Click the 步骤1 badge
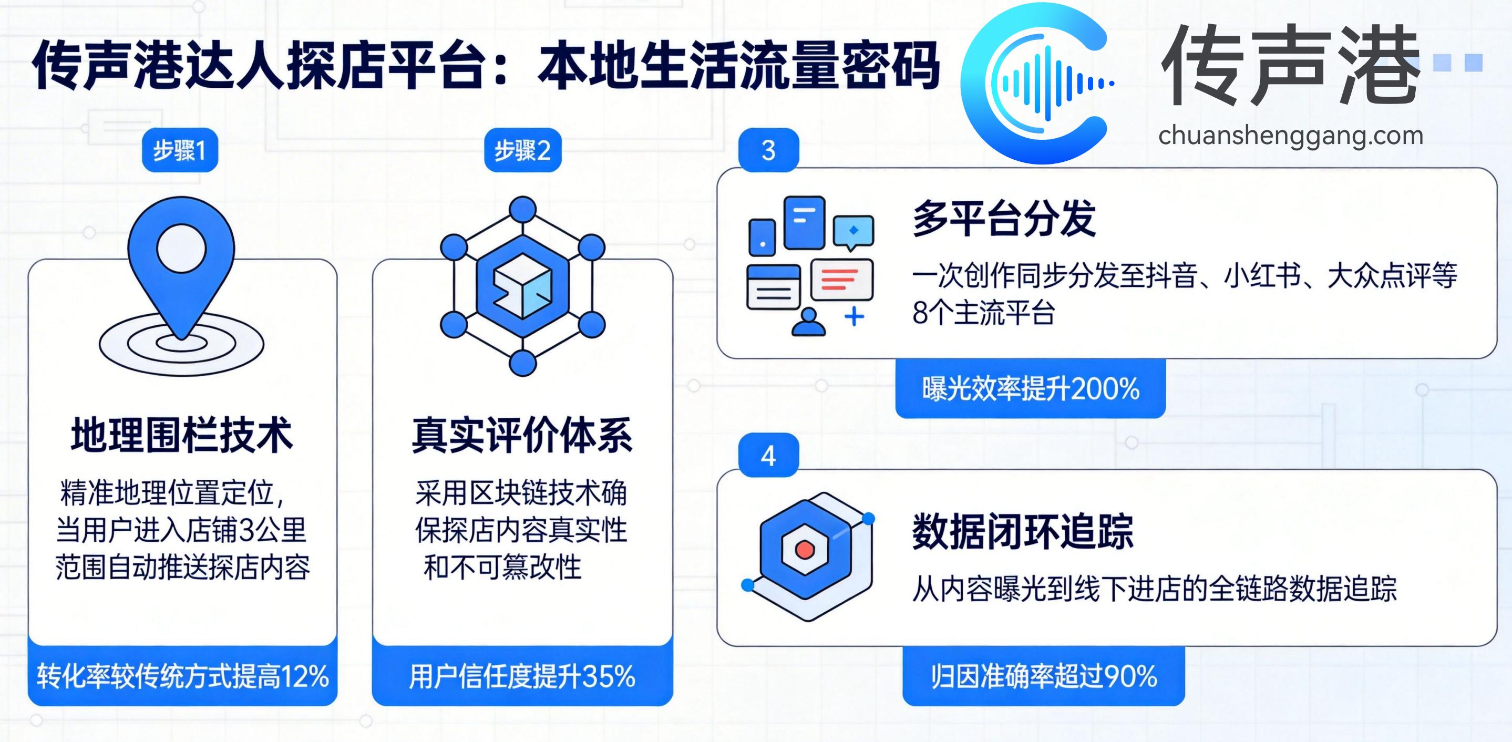[x=180, y=150]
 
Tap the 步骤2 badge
[x=522, y=150]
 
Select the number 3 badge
[x=768, y=150]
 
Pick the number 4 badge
[x=768, y=456]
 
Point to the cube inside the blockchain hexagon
[x=522, y=286]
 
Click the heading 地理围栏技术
[x=181, y=436]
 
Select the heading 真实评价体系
[x=522, y=436]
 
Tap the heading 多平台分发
[x=1004, y=219]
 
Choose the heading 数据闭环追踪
[x=1023, y=532]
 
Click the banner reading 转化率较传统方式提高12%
[x=182, y=676]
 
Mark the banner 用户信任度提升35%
[x=522, y=676]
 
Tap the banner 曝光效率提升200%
[x=1030, y=389]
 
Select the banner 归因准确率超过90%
[x=1044, y=676]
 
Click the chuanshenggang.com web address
[x=1290, y=136]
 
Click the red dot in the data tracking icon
[x=804, y=550]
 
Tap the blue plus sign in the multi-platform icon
[x=854, y=317]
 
